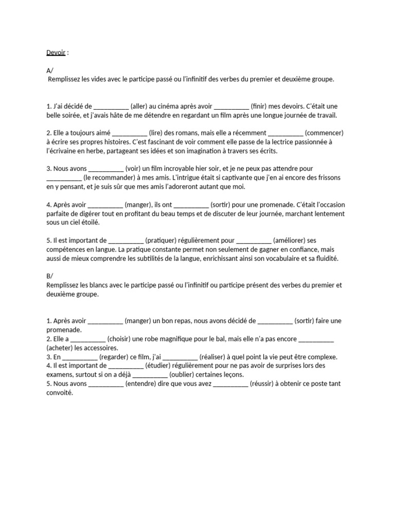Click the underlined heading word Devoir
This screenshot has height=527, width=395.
(x=52, y=52)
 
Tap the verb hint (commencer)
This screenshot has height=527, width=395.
(x=324, y=133)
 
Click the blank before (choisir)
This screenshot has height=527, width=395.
(x=88, y=339)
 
